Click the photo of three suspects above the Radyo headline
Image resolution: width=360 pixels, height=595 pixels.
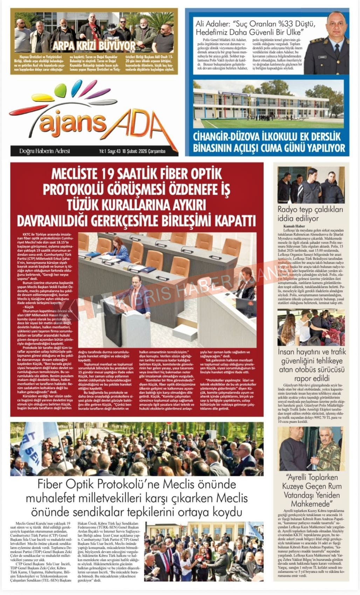coord(311,185)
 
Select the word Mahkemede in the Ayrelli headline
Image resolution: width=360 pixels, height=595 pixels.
coord(311,504)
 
